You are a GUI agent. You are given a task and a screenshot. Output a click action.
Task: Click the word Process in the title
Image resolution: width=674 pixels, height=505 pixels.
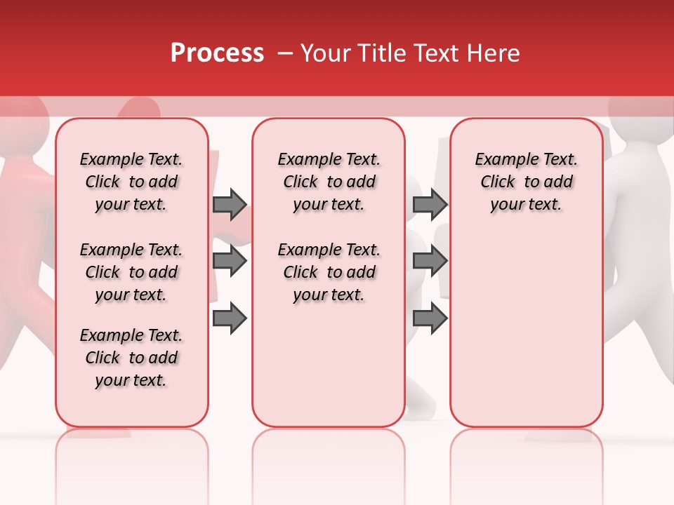click(x=217, y=53)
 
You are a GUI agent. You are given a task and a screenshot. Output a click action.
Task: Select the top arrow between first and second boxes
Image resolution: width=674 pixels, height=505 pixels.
click(x=230, y=204)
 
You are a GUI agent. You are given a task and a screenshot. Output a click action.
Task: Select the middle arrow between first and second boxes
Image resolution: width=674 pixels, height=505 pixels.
click(x=230, y=261)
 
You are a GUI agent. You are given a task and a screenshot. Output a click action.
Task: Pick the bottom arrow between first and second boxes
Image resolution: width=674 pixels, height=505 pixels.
click(x=230, y=318)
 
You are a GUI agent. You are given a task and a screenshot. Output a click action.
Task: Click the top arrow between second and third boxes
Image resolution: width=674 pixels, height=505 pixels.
click(x=430, y=204)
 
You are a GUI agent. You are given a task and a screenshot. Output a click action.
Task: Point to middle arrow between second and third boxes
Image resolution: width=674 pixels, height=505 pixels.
click(x=430, y=261)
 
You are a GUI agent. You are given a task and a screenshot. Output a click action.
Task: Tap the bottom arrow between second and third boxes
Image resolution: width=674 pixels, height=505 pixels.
click(x=430, y=318)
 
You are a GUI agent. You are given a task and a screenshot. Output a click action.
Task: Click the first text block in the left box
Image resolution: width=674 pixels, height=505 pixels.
click(x=131, y=182)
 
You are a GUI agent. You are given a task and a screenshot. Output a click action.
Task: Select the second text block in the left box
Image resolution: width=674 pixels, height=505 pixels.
click(x=131, y=272)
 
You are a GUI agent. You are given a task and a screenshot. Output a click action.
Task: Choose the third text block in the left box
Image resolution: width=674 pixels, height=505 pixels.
click(x=131, y=358)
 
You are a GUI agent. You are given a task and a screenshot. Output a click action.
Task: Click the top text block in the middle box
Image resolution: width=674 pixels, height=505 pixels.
click(x=329, y=182)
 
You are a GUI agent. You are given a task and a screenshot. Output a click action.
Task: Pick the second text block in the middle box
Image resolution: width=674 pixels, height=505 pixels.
click(x=329, y=272)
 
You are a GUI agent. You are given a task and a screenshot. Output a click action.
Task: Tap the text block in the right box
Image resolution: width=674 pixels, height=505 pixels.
click(x=526, y=182)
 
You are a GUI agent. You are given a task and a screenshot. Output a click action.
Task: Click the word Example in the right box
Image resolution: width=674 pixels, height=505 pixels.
click(x=502, y=159)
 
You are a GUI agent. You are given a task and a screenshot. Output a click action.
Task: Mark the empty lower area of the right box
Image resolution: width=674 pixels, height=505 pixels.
click(x=526, y=330)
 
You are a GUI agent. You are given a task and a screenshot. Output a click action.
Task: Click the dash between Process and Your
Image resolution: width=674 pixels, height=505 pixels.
click(x=285, y=53)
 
